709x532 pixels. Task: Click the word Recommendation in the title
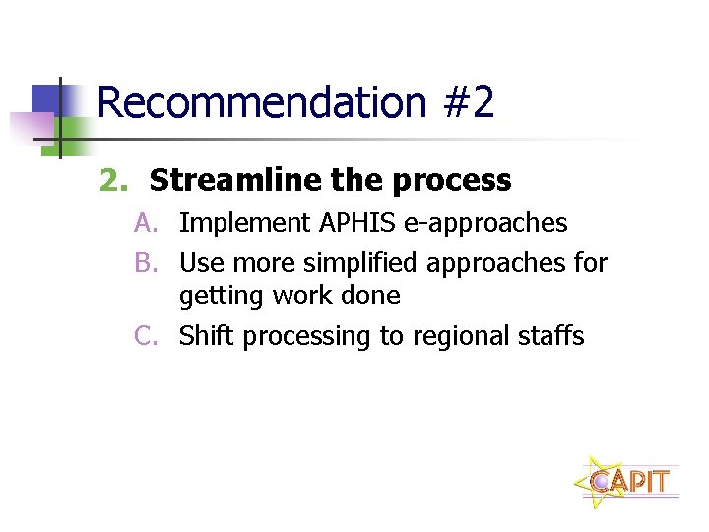tap(261, 102)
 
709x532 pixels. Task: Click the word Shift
tap(207, 336)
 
